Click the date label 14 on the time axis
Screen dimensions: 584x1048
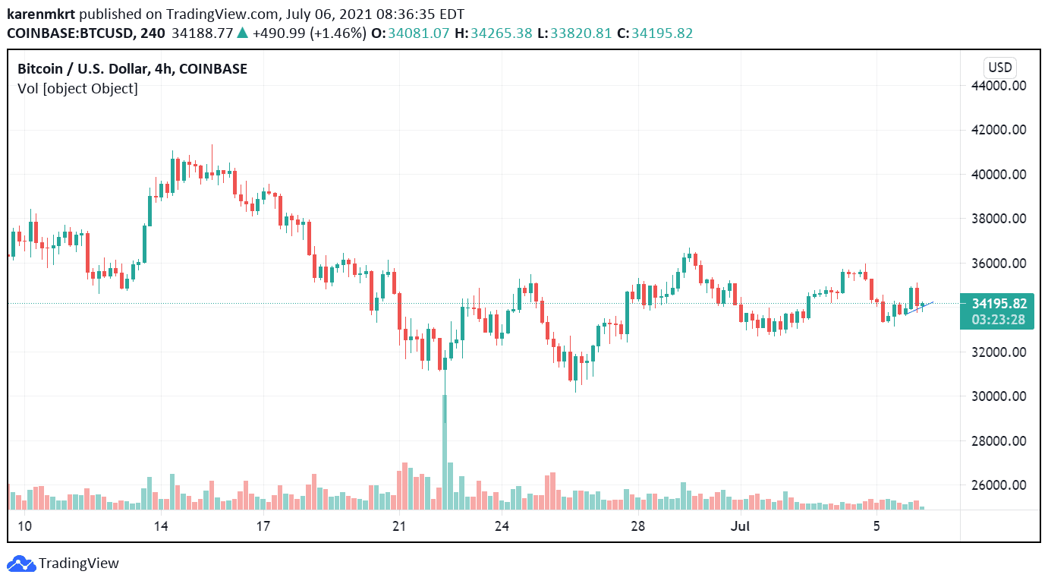click(x=160, y=526)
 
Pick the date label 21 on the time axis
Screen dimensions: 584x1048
click(x=399, y=526)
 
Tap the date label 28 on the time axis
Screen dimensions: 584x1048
click(x=638, y=526)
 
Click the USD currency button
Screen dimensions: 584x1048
click(x=999, y=67)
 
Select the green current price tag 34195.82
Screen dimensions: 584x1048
click(x=999, y=303)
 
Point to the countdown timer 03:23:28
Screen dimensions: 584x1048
click(x=999, y=319)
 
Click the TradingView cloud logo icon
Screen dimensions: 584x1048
click(x=21, y=563)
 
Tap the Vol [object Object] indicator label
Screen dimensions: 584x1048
click(x=77, y=89)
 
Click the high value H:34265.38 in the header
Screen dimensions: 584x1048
click(x=493, y=33)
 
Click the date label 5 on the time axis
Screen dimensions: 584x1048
click(x=876, y=526)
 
